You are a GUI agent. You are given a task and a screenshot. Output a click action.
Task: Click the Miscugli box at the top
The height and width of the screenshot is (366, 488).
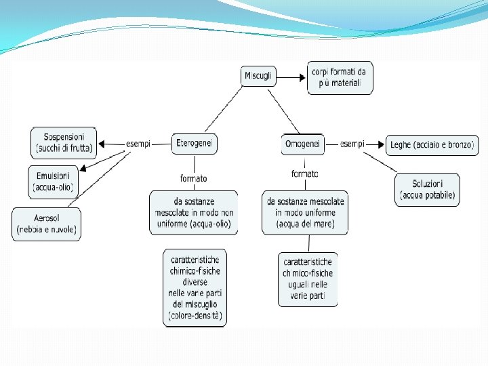(258, 76)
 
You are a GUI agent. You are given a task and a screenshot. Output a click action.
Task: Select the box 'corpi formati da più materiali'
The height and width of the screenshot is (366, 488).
(340, 77)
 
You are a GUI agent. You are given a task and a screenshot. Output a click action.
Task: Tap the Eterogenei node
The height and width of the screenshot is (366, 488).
(195, 143)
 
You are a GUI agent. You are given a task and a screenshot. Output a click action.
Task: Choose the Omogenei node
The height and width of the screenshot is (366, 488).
(303, 144)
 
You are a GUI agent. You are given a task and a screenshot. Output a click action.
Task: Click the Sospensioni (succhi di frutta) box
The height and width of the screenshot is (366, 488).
(64, 141)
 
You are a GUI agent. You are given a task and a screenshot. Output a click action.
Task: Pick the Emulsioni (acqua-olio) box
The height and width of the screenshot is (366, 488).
(53, 182)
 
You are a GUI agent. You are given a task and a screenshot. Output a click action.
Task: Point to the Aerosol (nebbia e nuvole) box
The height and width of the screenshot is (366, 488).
(47, 224)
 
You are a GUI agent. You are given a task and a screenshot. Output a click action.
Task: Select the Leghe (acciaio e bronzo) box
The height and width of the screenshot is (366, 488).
(432, 144)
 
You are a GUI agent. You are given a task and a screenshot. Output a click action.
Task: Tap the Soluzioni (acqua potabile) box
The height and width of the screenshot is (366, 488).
(428, 190)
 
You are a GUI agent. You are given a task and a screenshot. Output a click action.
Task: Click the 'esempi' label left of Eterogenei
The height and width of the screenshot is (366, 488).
(138, 144)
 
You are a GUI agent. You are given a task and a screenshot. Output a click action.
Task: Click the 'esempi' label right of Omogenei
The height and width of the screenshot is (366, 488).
(352, 144)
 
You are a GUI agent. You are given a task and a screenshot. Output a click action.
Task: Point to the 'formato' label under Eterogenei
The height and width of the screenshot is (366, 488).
(194, 178)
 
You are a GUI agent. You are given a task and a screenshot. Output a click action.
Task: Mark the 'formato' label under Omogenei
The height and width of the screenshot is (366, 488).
(304, 174)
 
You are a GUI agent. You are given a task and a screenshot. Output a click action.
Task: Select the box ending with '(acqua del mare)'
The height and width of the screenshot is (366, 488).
(305, 213)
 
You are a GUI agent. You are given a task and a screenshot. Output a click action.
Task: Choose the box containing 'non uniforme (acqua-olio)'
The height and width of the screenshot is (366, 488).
(193, 213)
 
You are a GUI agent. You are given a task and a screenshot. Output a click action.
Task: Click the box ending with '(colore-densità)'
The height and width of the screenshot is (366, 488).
(196, 288)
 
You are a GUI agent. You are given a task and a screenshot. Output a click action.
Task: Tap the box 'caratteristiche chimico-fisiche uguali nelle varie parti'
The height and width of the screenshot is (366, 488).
(308, 279)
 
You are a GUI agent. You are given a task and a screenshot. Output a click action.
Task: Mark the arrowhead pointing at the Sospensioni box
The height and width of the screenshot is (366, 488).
(102, 144)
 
